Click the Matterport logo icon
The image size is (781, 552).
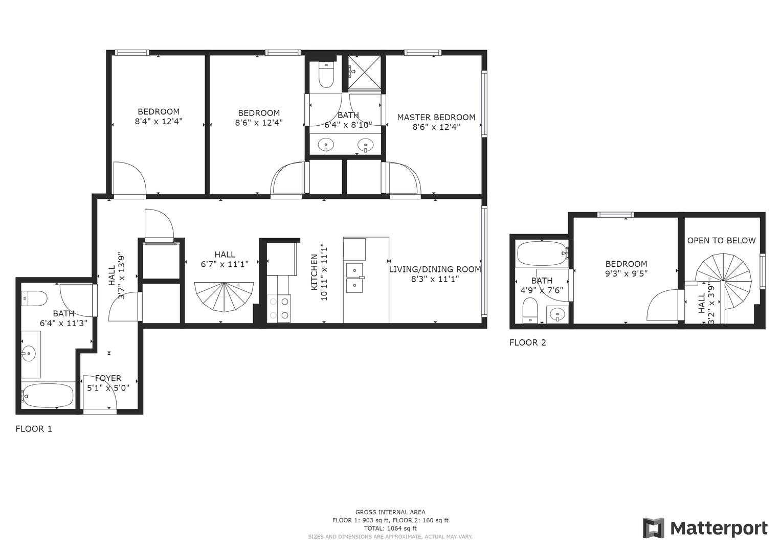[x=654, y=528]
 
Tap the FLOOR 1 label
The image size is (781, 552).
[x=34, y=429]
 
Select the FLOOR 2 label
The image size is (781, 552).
[x=527, y=342]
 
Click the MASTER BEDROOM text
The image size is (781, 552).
[x=436, y=118]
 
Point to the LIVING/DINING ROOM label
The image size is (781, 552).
[x=435, y=269]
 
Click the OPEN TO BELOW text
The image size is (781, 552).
[x=721, y=240]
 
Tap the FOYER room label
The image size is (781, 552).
[x=108, y=378]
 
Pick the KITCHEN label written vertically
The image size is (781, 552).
[x=314, y=272]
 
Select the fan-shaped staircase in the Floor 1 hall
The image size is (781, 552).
[x=224, y=296]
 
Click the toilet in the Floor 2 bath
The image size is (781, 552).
[x=530, y=310]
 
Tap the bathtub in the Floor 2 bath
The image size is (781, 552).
[x=542, y=254]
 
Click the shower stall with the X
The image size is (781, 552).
[x=365, y=72]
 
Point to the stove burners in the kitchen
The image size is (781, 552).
[x=279, y=308]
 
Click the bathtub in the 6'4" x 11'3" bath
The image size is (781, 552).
[x=48, y=396]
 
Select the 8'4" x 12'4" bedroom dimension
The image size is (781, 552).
[x=159, y=121]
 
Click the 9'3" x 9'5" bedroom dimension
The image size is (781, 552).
[x=626, y=273]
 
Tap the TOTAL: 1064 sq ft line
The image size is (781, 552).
[x=391, y=528]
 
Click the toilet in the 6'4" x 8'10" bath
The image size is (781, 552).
[x=326, y=75]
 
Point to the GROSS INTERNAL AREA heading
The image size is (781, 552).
[x=391, y=512]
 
